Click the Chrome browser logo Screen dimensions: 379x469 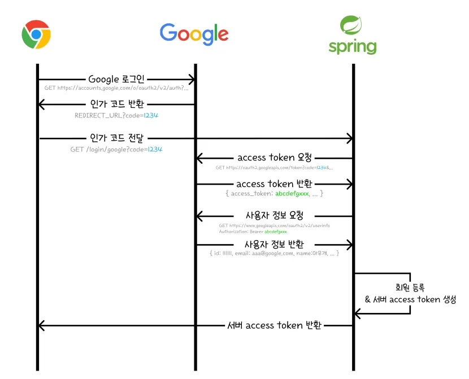[36, 34]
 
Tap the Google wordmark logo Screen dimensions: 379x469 [194, 33]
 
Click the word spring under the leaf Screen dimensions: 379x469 [352, 46]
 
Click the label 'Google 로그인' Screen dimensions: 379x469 [116, 79]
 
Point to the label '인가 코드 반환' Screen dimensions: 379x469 [117, 104]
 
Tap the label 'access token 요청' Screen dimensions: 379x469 [275, 158]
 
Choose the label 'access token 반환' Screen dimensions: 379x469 [274, 184]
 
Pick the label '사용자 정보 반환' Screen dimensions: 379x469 [274, 245]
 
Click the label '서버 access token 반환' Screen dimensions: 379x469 [275, 325]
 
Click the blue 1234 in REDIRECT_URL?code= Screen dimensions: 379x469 [151, 115]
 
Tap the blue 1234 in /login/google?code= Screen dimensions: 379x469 [155, 150]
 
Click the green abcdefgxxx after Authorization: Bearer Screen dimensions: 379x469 [276, 232]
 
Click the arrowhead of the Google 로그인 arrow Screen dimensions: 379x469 [192, 80]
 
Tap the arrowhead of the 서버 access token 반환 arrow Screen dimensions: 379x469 [41, 325]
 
